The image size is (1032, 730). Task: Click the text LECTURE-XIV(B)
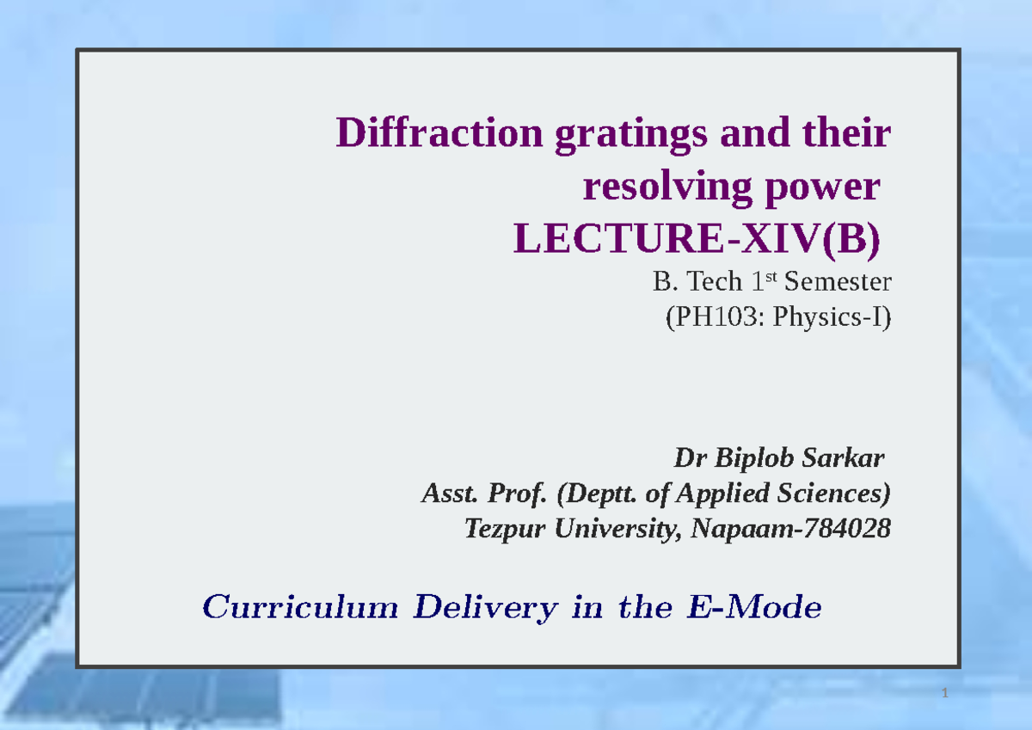(x=697, y=241)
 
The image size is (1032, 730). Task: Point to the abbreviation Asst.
(x=441, y=494)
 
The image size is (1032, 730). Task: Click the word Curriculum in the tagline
(x=300, y=609)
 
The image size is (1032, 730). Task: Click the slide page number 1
(x=944, y=694)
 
